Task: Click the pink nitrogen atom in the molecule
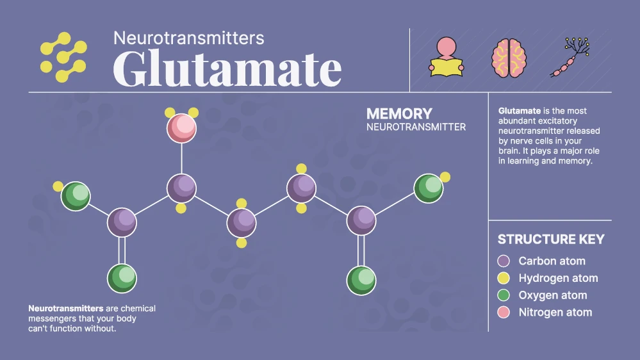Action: (182, 128)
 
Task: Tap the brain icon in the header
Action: (509, 58)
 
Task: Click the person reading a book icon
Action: (447, 57)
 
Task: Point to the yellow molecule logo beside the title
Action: (63, 57)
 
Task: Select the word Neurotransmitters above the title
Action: (188, 38)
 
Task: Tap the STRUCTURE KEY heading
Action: (551, 240)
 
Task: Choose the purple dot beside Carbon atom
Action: (504, 261)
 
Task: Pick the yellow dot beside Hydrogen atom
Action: (504, 278)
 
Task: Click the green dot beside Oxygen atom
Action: (504, 295)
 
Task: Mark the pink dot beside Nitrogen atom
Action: (504, 313)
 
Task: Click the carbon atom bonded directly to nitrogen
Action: (182, 189)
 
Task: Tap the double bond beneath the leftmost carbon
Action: (122, 250)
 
